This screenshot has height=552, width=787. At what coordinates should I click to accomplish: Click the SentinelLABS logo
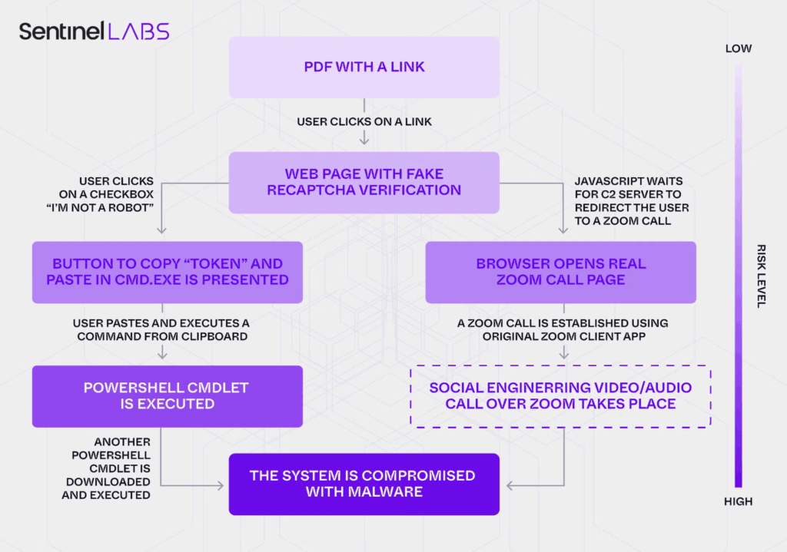click(94, 31)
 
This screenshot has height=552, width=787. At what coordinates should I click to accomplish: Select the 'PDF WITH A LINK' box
click(364, 67)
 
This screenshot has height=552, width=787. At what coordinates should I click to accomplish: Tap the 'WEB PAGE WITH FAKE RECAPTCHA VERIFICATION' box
click(364, 182)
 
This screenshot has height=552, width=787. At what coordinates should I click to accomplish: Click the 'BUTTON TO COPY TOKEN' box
click(168, 272)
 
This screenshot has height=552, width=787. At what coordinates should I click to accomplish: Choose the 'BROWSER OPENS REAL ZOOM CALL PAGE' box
click(560, 272)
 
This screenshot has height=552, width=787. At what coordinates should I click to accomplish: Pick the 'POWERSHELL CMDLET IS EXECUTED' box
click(167, 395)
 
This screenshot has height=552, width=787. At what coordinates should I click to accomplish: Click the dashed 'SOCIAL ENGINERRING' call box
click(560, 395)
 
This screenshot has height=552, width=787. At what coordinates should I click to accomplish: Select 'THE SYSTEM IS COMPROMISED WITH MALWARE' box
click(364, 484)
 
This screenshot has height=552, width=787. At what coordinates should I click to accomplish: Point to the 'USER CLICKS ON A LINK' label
click(364, 121)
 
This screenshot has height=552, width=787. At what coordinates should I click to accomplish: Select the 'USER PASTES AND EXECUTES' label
click(161, 330)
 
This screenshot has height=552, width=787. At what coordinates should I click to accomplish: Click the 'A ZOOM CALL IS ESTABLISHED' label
click(563, 330)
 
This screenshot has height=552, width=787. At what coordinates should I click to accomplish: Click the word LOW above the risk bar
click(738, 49)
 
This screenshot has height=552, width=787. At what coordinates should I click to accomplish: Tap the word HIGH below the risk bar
click(738, 501)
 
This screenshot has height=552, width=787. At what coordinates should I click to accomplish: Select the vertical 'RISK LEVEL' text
click(761, 276)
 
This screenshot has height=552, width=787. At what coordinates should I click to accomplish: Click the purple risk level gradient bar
click(738, 276)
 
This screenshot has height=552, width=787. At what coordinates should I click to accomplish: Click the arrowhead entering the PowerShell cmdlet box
click(161, 355)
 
